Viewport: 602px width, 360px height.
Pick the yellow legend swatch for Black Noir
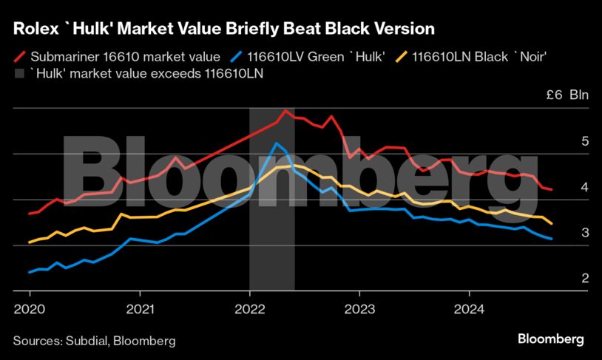click(402, 55)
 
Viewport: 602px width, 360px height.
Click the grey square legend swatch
click(20, 73)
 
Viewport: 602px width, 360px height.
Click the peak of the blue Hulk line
click(276, 143)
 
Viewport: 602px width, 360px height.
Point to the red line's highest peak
click(285, 110)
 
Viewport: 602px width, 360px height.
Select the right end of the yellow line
click(552, 223)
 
